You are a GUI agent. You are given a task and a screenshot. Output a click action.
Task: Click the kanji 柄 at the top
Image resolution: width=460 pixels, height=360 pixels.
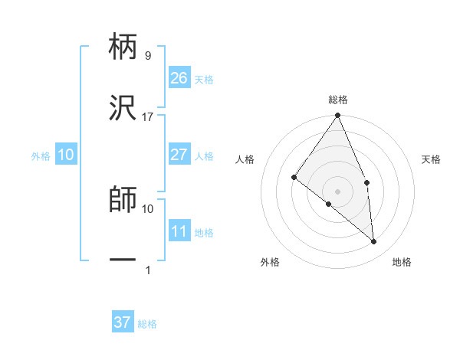pos(123,48)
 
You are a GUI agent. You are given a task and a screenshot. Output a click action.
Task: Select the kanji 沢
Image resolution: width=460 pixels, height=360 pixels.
pos(123,110)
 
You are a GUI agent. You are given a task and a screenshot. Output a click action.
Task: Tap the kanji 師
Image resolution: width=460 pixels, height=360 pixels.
pos(123,201)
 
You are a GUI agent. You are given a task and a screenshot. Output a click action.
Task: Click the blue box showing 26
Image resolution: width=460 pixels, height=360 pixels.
pos(179,78)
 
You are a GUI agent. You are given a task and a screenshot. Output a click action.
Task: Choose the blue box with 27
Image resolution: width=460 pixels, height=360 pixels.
pos(179,155)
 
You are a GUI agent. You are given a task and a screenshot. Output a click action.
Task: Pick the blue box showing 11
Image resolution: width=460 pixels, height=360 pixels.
pos(179,231)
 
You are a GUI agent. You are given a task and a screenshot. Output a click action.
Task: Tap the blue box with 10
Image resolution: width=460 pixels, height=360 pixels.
pos(66,155)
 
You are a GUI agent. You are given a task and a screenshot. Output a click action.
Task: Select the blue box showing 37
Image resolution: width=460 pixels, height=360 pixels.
pos(122,322)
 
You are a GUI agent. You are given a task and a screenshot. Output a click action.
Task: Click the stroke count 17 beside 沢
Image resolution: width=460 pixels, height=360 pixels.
pos(147,117)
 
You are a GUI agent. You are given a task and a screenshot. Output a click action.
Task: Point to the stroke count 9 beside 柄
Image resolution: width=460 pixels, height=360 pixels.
pos(147,56)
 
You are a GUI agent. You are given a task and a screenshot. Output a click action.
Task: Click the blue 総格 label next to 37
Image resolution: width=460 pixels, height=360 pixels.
pos(147,324)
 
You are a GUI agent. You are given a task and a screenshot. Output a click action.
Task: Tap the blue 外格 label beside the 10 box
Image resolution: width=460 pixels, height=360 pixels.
pos(41,156)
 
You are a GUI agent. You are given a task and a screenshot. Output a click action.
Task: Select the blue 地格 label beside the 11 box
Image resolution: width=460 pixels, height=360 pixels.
pos(204,233)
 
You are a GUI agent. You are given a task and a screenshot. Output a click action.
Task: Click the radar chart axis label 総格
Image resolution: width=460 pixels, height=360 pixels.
pos(338,100)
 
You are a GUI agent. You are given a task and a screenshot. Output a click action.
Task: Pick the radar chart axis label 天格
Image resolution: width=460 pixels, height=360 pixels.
pos(432,159)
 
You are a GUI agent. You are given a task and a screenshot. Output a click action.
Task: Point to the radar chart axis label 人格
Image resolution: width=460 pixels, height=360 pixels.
pos(245,159)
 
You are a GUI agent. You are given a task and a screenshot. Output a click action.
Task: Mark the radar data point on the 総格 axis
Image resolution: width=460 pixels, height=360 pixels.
pos(338,116)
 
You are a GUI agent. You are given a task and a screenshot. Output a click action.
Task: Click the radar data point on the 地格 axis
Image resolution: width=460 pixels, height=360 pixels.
pos(374,241)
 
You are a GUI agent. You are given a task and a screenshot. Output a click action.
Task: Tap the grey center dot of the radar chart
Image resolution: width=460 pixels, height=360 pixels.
pos(338,191)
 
